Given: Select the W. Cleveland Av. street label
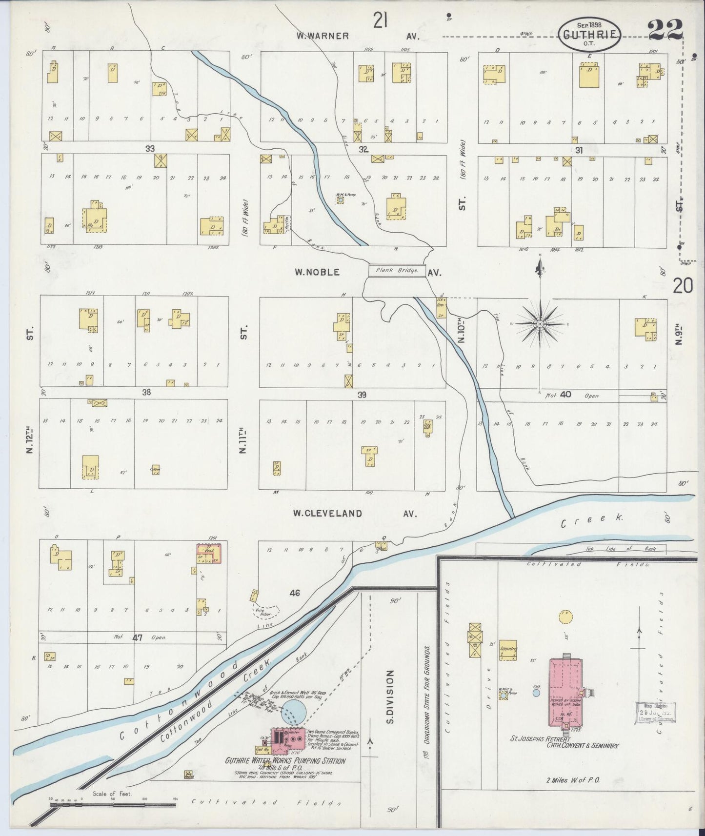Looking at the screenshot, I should (355, 513).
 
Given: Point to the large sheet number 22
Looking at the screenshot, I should (665, 30).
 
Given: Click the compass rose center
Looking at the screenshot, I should (540, 324).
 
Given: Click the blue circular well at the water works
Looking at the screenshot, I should (294, 711).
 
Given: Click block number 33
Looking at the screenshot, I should (149, 148).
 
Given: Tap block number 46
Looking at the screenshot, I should (294, 593).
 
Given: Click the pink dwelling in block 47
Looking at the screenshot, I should (209, 554).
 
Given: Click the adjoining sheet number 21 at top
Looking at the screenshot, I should (381, 21).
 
